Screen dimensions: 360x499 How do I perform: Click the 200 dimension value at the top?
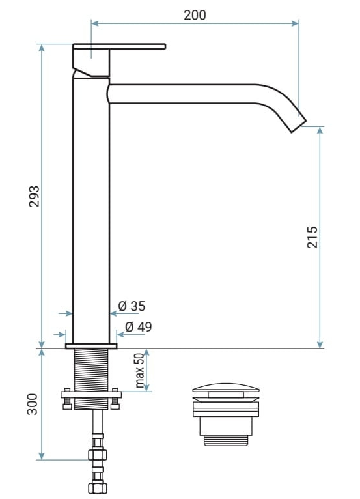[x=195, y=15]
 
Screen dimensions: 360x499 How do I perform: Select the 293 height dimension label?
[x=34, y=196]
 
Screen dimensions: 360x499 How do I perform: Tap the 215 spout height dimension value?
[x=312, y=237]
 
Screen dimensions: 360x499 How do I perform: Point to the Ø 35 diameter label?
[x=132, y=306]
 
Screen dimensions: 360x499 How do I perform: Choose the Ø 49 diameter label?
[x=139, y=327]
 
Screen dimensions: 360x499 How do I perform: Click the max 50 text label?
[x=139, y=370]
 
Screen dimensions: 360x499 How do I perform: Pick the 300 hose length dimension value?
[x=32, y=404]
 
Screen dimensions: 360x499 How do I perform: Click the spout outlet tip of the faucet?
[x=299, y=126]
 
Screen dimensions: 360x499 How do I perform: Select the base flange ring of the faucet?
[x=91, y=346]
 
